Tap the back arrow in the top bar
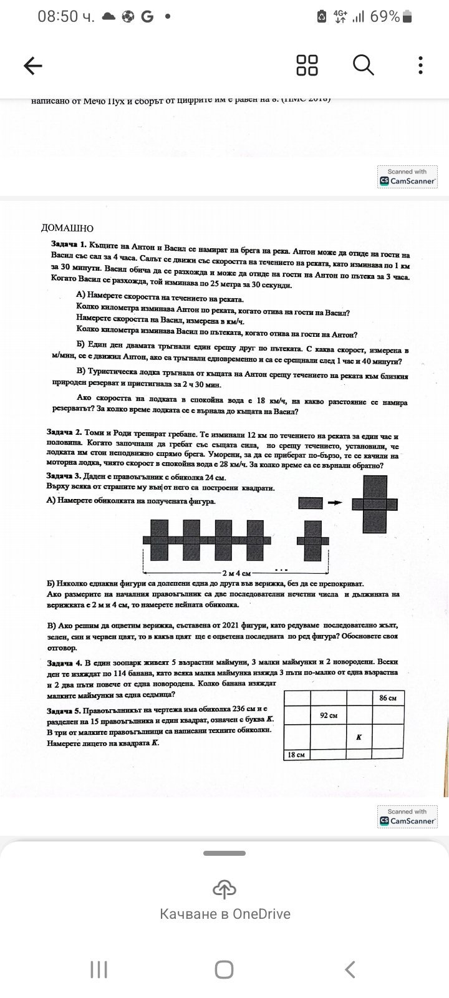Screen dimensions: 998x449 pos(32,65)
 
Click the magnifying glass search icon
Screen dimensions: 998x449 pos(363,65)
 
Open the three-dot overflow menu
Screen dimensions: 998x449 pos(421,65)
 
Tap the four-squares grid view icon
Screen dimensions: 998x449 pos(307,65)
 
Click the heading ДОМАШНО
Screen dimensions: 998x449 pos(67,228)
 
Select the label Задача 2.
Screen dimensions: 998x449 pos(64,432)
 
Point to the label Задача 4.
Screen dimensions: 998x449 pos(64,662)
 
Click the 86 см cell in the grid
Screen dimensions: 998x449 pos(387,698)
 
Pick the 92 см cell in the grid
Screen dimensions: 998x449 pos(328,715)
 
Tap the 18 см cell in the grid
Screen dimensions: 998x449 pos(296,755)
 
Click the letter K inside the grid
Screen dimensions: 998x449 pos(359,737)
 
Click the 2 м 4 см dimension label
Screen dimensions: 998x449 pos(236,573)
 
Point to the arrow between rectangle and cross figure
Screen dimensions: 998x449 pos(335,502)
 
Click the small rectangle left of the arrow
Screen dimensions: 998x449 pos(311,502)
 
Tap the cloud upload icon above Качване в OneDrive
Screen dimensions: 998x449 pos(224,889)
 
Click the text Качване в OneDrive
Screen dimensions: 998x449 pos(224,914)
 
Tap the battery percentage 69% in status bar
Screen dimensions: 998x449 pos(384,17)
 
